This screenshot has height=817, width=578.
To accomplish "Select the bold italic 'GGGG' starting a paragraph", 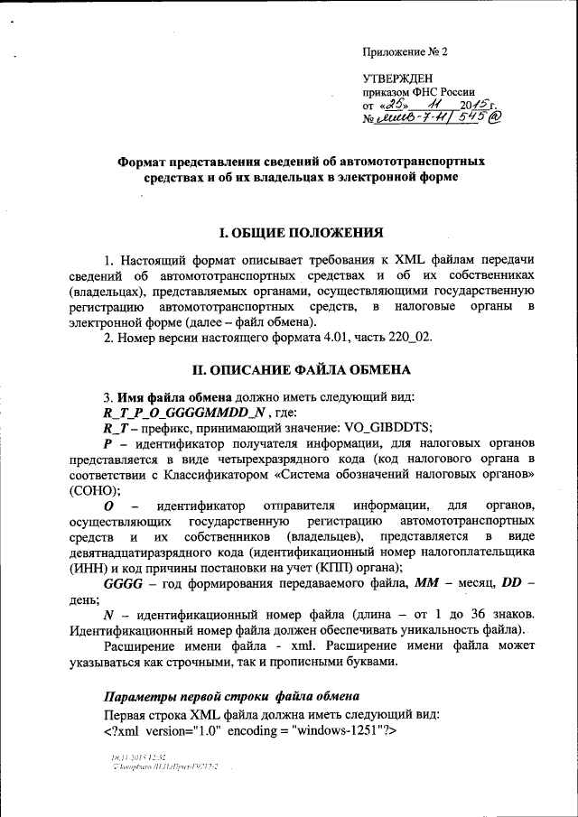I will click(x=124, y=584).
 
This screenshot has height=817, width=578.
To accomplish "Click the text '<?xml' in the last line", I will click(x=124, y=729).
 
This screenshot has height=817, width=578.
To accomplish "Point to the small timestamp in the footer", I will click(x=139, y=757).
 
